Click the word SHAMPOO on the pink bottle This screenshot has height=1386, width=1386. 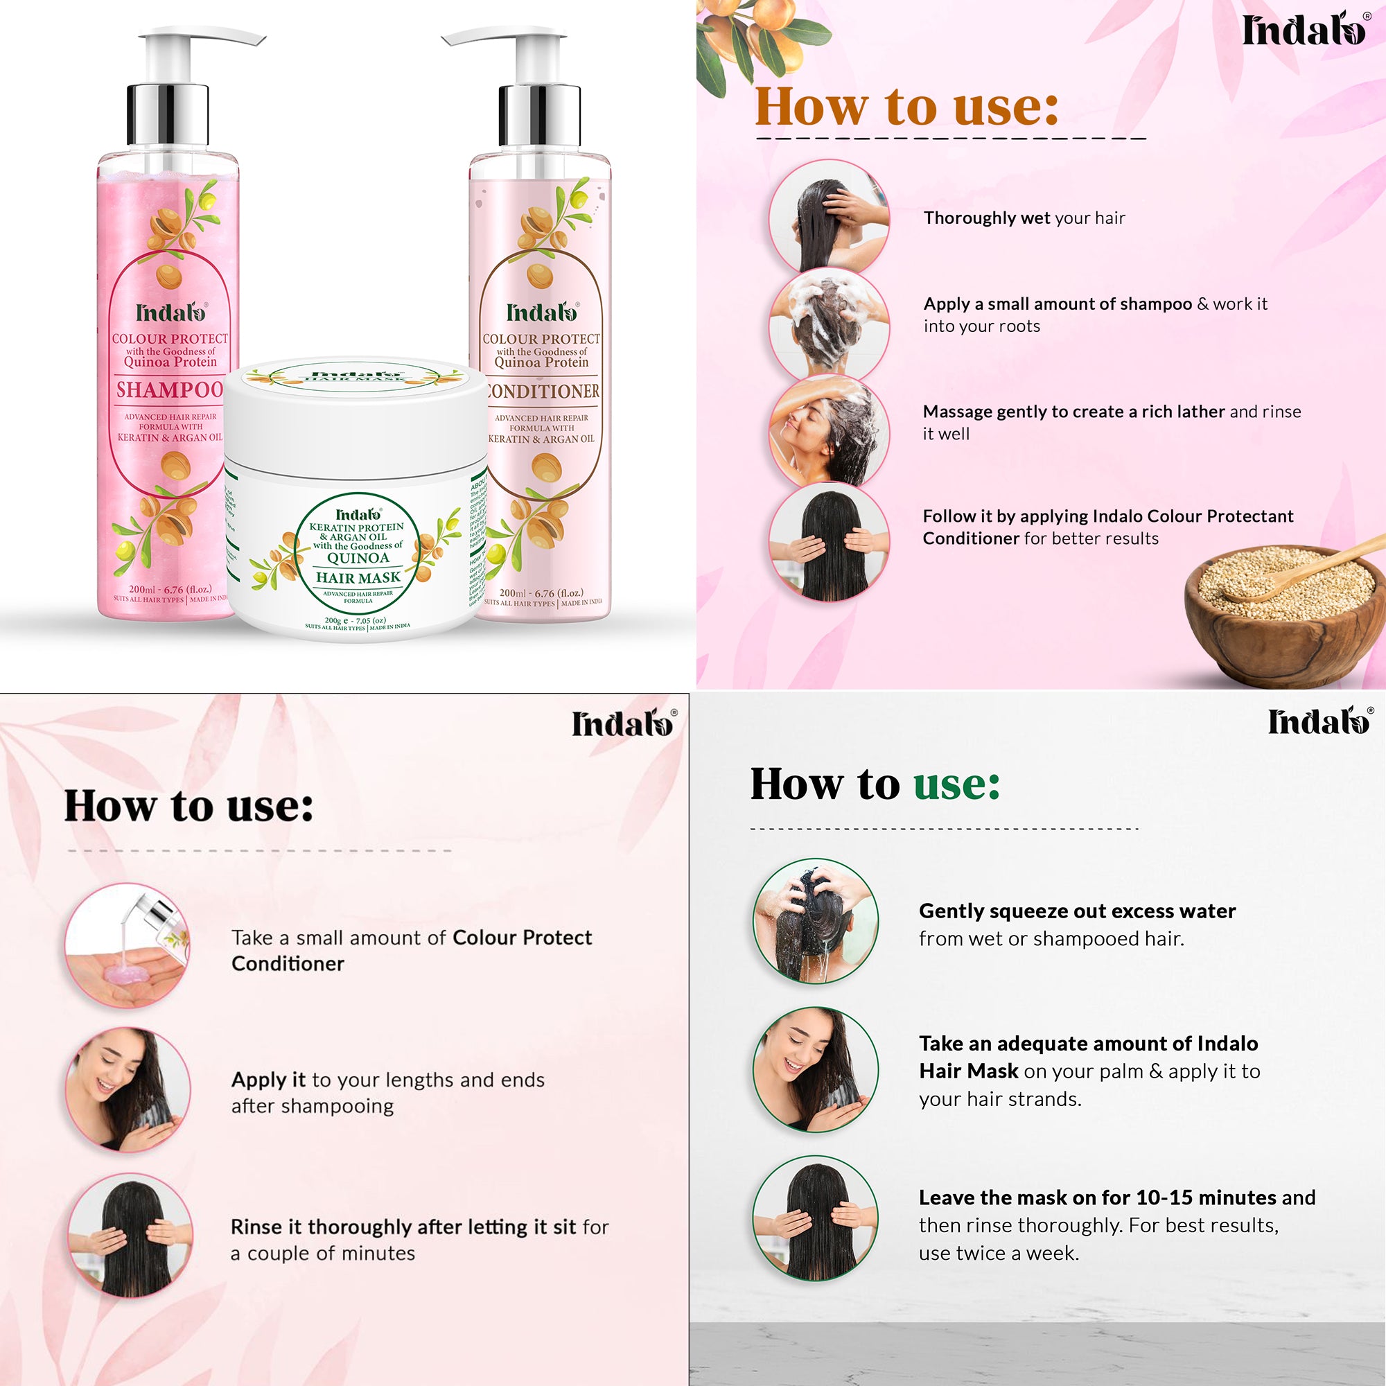[x=170, y=389]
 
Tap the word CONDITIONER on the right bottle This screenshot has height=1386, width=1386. [x=543, y=391]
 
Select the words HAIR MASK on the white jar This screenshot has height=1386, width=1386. [x=358, y=577]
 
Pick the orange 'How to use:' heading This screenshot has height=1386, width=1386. [x=906, y=106]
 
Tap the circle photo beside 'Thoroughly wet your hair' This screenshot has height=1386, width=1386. [x=830, y=217]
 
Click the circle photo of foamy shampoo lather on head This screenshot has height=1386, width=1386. [x=830, y=324]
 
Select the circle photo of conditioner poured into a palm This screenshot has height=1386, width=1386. [x=128, y=945]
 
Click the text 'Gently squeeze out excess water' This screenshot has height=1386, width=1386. [x=1077, y=911]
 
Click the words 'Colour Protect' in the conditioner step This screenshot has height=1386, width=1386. [x=523, y=938]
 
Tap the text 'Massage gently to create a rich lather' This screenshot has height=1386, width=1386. [x=1074, y=412]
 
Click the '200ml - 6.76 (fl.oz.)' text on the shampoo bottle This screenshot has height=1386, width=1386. [x=170, y=590]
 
